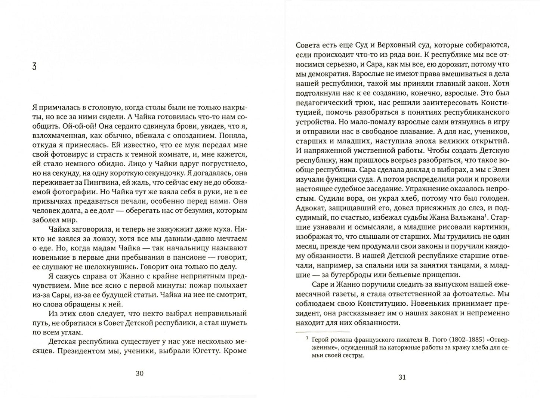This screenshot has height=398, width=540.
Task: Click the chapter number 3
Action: click(x=34, y=68)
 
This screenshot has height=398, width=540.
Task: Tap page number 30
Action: click(x=140, y=373)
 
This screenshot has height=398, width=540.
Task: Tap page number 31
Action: click(x=402, y=377)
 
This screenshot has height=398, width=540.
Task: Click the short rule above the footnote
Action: click(x=322, y=332)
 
